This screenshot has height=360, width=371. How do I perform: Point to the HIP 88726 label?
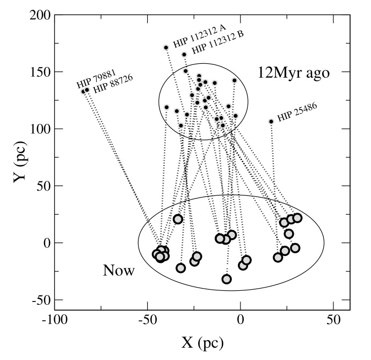[x=113, y=84]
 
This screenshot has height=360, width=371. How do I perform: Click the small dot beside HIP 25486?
[x=271, y=121]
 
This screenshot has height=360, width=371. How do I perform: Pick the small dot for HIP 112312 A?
[x=166, y=47]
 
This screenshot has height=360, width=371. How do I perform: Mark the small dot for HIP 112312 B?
[x=184, y=55]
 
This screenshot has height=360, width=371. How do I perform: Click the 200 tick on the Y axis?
[x=40, y=16]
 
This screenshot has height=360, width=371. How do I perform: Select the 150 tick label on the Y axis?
[x=40, y=72]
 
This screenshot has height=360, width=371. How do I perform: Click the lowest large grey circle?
[x=227, y=279]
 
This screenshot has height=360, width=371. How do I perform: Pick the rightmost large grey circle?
[x=297, y=218]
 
